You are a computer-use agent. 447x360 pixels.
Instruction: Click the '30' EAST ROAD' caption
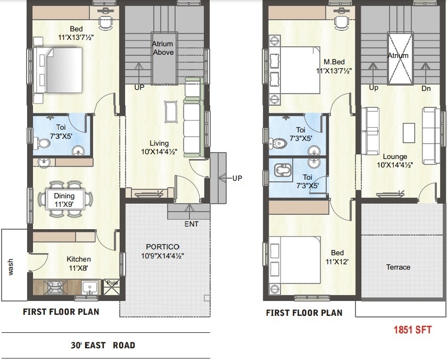coord(103,345)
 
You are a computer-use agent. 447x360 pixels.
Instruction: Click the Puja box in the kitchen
coord(112,283)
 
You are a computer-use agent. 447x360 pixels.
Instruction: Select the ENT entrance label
coord(191,224)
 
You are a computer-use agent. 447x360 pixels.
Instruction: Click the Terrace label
coord(398,267)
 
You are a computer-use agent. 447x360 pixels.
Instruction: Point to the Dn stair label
coord(426,88)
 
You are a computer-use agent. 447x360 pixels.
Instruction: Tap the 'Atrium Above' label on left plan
coord(163,48)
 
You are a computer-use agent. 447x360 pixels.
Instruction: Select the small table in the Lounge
coord(408,133)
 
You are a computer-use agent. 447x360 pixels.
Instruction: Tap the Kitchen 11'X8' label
coord(78,263)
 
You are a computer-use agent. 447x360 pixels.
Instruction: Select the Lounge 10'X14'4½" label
coord(395,161)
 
